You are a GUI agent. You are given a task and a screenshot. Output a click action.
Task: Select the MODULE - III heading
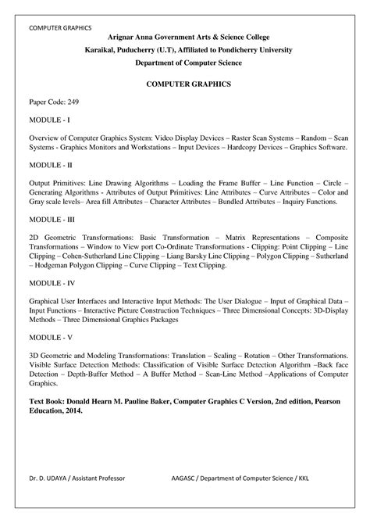[x=52, y=219]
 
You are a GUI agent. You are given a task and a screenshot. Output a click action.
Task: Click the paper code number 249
[x=73, y=102]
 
